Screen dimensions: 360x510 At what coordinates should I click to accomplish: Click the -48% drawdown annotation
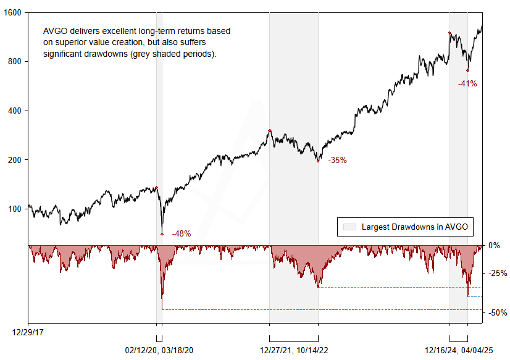pyautogui.click(x=182, y=233)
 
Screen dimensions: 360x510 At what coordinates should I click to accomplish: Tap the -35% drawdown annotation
pyautogui.click(x=337, y=160)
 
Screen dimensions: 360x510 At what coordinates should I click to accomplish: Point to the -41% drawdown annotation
pyautogui.click(x=467, y=83)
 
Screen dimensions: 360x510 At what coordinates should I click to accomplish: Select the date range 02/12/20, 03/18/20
pyautogui.click(x=159, y=350)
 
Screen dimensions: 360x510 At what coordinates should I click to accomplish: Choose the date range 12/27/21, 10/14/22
pyautogui.click(x=294, y=350)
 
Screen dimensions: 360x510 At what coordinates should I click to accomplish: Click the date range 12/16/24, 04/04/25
pyautogui.click(x=459, y=350)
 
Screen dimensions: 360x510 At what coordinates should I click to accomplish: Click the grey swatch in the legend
pyautogui.click(x=349, y=227)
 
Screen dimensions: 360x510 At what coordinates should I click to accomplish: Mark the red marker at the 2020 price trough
pyautogui.click(x=162, y=234)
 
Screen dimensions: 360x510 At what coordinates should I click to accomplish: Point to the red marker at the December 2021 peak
pyautogui.click(x=270, y=130)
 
